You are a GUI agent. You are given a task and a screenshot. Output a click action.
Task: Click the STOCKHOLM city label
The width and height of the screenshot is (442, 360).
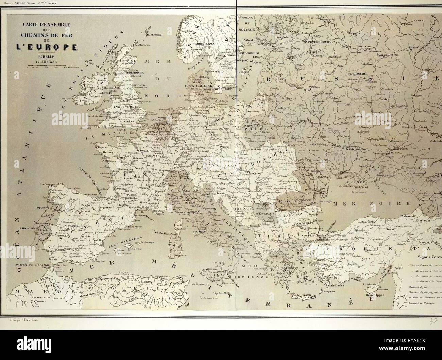tap(250, 53)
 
